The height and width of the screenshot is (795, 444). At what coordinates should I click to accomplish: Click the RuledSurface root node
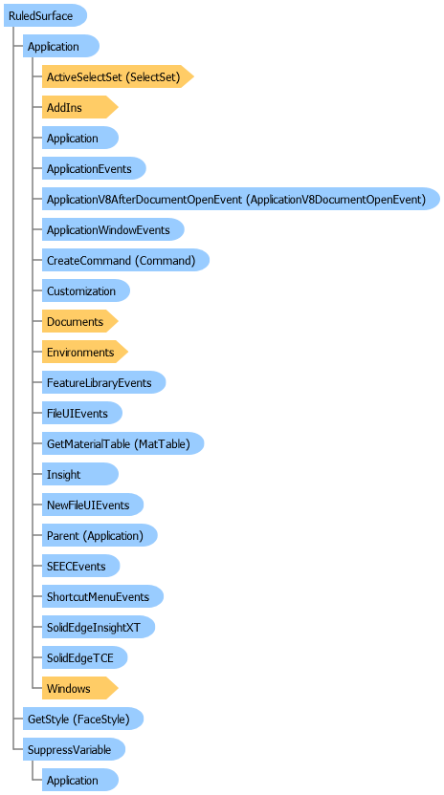coord(45,15)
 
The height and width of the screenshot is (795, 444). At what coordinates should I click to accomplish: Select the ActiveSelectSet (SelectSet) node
coord(118,76)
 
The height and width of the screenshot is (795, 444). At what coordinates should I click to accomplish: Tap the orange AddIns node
coord(79,107)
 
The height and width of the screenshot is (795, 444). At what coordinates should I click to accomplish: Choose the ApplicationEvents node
coord(94,168)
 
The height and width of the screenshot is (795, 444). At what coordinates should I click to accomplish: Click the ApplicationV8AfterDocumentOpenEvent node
coord(241,199)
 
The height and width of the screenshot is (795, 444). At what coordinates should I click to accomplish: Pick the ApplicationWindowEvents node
coord(113,229)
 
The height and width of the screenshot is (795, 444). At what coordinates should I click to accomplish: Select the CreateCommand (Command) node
coord(125,260)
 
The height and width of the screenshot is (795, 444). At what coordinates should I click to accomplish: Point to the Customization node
coord(86,290)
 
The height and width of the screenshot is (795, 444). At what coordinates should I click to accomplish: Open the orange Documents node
coord(79,321)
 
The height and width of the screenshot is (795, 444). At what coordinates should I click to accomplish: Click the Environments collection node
coord(85,352)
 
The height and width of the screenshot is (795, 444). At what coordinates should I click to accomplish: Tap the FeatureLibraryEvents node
coord(103,382)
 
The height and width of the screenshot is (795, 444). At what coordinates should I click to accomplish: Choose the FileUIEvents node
coord(81,413)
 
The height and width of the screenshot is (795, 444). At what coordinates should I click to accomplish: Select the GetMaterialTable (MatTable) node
coord(122,443)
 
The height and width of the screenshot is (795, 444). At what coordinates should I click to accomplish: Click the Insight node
coord(79,474)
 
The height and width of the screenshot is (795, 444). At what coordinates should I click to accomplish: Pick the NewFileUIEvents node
coord(93,505)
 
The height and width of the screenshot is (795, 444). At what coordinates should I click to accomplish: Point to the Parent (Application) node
coord(100,535)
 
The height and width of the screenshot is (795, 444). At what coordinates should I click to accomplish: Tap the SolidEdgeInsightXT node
coord(98,627)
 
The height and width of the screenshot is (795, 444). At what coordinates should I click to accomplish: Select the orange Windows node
coord(79,688)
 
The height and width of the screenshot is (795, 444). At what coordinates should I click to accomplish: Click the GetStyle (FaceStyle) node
coord(83,719)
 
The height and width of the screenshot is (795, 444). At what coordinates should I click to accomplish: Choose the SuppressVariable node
coord(75,749)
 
